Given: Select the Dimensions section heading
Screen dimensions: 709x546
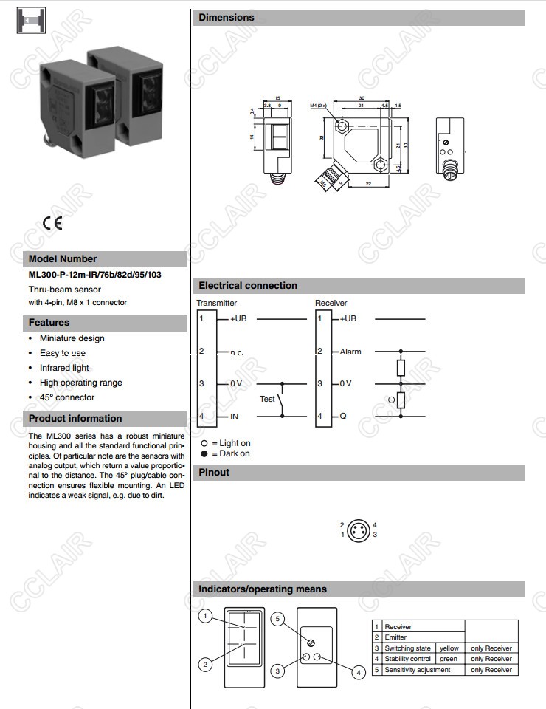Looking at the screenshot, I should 227,17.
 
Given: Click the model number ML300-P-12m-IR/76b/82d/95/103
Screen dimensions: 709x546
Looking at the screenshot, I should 94,275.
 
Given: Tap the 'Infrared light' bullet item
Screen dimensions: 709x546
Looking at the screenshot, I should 64,368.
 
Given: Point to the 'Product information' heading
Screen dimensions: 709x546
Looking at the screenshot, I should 75,418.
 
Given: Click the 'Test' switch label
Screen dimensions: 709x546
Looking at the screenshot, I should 267,399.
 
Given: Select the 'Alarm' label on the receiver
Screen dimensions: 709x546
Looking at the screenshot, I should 350,352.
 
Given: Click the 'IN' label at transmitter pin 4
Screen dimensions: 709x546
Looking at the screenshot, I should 235,417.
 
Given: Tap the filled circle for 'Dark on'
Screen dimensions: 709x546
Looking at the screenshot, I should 204,453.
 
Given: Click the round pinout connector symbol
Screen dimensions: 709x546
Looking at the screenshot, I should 359,530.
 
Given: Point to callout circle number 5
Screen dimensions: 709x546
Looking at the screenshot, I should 277,619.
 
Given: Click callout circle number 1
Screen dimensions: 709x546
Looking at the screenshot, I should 207,616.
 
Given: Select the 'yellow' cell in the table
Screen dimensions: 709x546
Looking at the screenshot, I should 449,648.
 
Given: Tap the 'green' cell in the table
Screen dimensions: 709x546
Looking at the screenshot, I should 449,659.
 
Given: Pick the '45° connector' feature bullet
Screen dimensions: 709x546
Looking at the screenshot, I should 67,397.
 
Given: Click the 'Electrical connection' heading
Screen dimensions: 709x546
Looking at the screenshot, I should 248,286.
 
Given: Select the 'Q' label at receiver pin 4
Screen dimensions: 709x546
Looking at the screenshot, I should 343,417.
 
